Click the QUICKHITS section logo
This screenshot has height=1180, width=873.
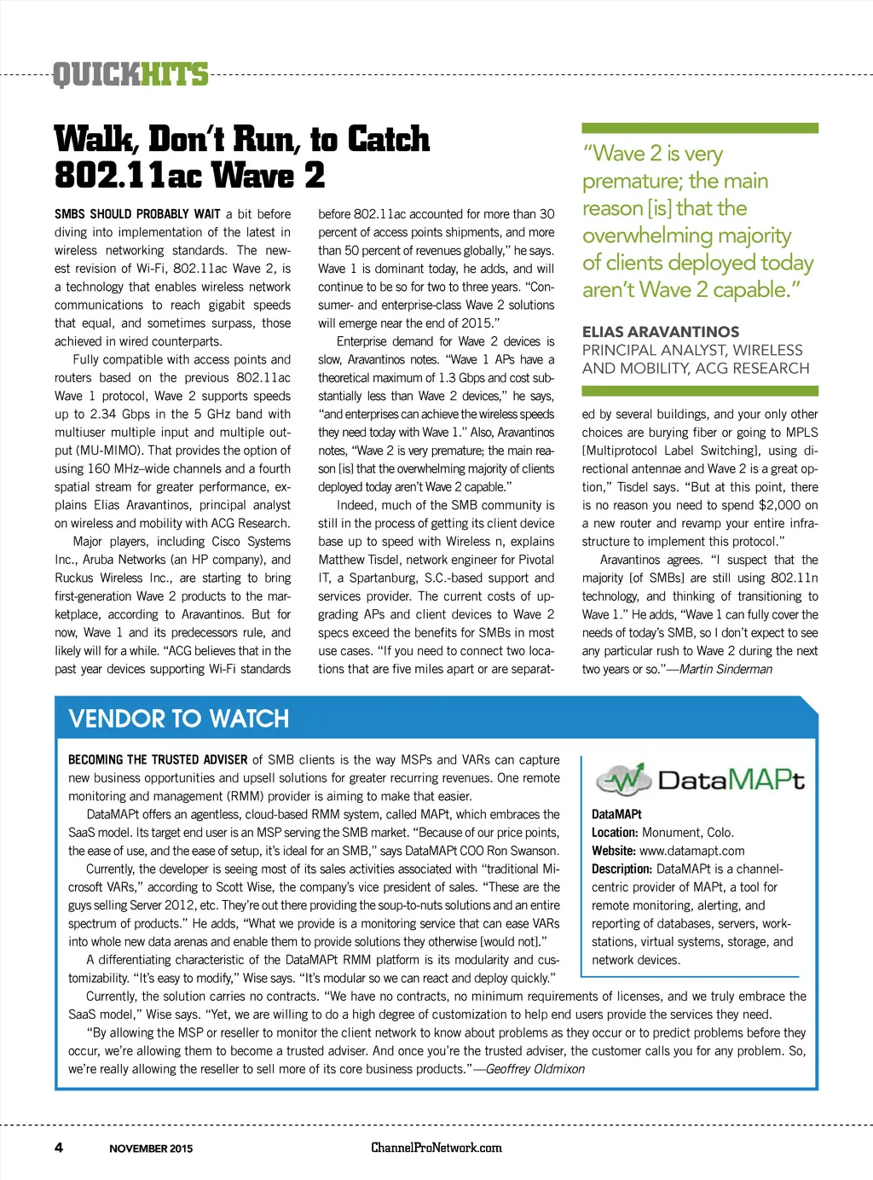tap(130, 75)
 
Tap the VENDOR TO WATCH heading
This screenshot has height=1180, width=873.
tap(179, 718)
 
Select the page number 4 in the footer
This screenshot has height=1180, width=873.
tap(59, 1147)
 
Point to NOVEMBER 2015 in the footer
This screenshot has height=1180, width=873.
tap(151, 1148)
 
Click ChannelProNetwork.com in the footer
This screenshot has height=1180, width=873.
tap(436, 1148)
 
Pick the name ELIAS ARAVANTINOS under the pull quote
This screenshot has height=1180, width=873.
tap(661, 332)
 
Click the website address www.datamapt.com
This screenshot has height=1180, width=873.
tap(691, 851)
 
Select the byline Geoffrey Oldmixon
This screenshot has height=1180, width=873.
tap(535, 1069)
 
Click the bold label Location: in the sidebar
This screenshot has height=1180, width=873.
tap(615, 833)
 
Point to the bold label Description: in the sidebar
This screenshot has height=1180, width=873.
tap(622, 869)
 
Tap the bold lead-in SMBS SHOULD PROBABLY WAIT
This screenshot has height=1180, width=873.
tap(137, 214)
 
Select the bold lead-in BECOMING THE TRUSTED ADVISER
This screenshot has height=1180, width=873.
tap(158, 759)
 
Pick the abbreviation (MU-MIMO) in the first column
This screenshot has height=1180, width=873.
tap(109, 450)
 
